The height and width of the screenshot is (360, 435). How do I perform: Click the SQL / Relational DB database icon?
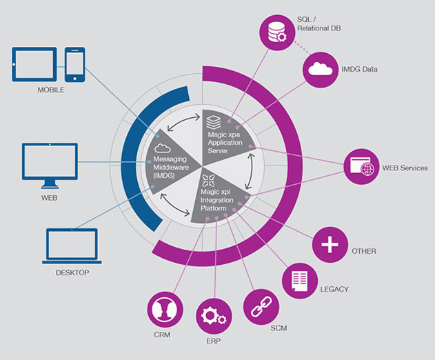coord(277,32)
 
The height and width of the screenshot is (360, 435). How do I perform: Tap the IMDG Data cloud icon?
coord(321,70)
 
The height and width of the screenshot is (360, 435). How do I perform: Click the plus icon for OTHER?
coord(330,245)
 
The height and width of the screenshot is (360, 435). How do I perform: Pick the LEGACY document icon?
coord(300,281)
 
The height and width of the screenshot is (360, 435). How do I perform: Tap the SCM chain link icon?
coord(261,307)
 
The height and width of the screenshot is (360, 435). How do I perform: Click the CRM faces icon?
coord(165,310)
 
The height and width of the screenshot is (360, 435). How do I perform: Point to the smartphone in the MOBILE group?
coord(75,65)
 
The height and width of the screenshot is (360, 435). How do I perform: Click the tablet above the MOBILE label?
coord(34,64)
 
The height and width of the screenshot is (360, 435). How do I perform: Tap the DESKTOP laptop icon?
coord(72,246)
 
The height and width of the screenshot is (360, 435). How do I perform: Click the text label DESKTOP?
coord(72,273)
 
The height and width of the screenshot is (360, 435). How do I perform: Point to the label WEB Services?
coord(405,168)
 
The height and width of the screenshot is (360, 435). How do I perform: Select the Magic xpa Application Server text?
coord(225,143)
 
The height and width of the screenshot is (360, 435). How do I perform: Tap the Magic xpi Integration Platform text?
coord(216,200)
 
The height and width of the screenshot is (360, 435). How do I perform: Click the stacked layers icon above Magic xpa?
coord(214,122)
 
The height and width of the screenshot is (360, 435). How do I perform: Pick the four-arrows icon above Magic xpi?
coord(209,181)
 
